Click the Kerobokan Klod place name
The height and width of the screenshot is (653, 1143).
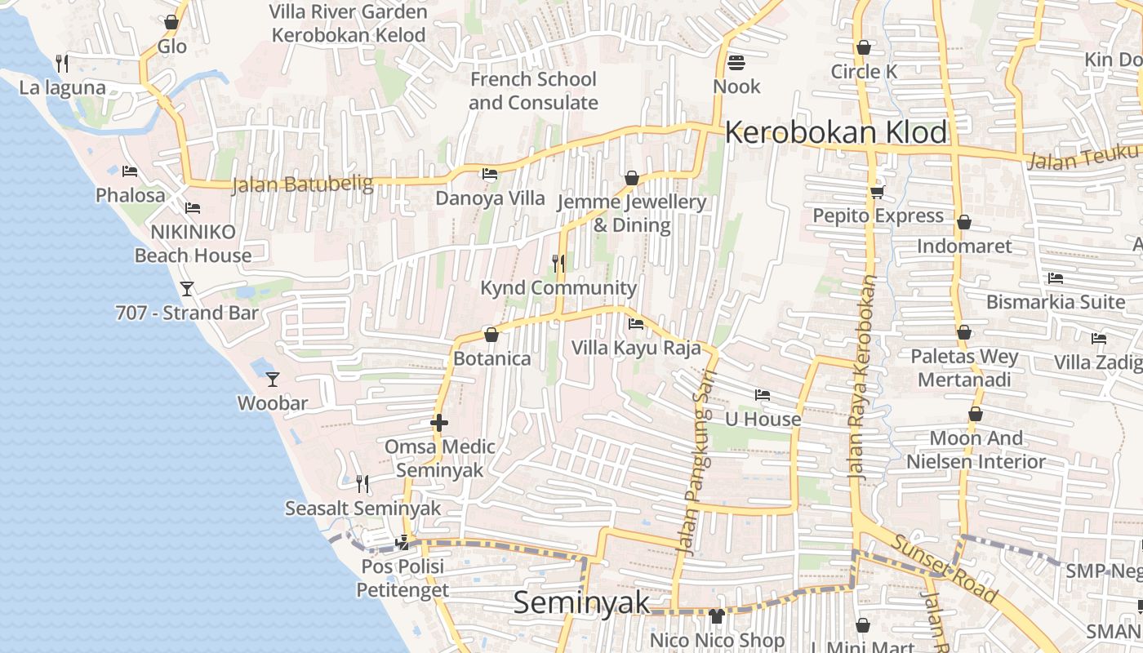836,132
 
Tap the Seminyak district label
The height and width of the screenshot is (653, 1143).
582,602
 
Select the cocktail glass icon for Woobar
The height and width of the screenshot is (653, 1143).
273,380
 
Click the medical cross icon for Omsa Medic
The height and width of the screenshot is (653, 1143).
439,423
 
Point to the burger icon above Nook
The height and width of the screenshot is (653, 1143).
736,63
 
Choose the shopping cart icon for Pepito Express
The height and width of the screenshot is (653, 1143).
878,192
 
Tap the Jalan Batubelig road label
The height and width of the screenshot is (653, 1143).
302,184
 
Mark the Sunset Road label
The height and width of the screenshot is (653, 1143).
944,568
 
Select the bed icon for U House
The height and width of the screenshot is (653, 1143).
763,395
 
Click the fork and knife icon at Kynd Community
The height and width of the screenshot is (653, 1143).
558,263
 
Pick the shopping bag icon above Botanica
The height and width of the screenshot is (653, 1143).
491,335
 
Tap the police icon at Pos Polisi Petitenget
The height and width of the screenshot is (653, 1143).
402,542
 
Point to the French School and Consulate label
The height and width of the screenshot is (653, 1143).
533,91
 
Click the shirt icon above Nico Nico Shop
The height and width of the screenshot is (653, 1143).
717,615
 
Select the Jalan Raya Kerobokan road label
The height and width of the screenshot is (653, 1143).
863,376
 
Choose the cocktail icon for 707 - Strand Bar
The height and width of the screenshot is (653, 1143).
187,289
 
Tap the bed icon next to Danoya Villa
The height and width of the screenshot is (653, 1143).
490,174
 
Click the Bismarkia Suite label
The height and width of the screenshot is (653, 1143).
1055,302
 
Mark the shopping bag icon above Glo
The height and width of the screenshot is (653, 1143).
171,22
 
